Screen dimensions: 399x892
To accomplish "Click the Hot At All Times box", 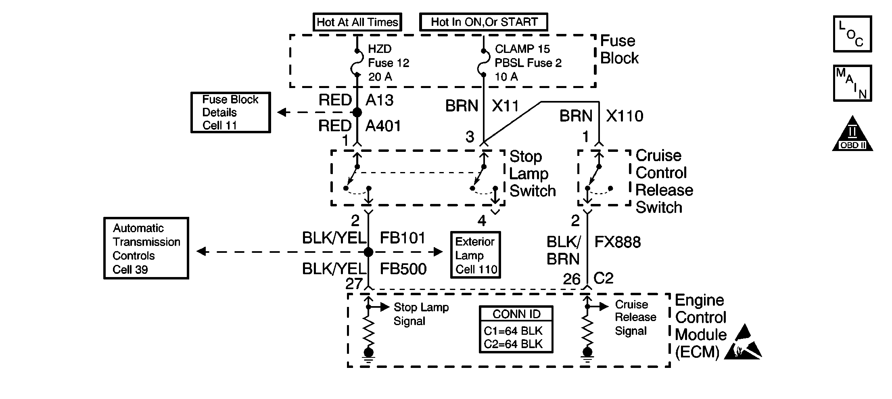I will click(357, 22).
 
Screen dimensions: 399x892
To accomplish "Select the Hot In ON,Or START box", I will click(484, 22).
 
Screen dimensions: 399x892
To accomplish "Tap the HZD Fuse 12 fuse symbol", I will click(357, 63).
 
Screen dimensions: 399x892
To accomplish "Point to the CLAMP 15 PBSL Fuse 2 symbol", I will click(483, 63).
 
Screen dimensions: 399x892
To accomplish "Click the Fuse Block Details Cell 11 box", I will click(230, 112).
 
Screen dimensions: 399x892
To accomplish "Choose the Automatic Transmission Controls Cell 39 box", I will click(146, 248).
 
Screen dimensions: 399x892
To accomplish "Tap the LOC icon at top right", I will click(852, 34).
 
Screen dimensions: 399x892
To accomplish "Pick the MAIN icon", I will click(852, 83).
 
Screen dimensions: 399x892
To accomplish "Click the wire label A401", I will click(383, 126).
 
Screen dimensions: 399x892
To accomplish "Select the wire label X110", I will click(625, 116).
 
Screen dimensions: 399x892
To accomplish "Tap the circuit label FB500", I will click(403, 269).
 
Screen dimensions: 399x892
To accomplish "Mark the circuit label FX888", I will click(617, 242).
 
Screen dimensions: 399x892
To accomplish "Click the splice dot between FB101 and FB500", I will click(368, 252).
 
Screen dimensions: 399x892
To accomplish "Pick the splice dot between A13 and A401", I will click(357, 112).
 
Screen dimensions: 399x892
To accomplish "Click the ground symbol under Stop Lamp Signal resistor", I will click(368, 355).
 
